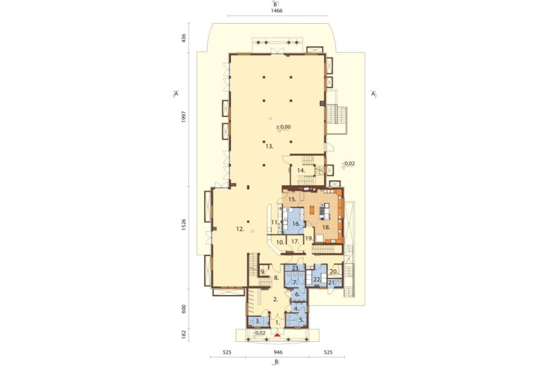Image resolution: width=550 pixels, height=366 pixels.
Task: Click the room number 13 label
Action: point(269,147)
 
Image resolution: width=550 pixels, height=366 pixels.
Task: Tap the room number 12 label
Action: point(240,229)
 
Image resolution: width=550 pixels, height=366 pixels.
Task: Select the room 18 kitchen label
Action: point(326,227)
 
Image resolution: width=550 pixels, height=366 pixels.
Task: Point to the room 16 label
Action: point(296,224)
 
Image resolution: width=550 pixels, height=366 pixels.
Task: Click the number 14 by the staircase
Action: point(301,170)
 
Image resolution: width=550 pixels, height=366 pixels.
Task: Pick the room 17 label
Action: point(295,242)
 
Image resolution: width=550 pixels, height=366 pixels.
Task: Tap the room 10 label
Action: point(280,242)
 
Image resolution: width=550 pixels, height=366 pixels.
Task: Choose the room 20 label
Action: point(334,271)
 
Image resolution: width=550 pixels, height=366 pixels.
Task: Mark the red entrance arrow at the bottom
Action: point(277,335)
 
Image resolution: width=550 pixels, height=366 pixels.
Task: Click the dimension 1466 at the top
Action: point(277,10)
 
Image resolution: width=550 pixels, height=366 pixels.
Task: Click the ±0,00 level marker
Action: point(283,127)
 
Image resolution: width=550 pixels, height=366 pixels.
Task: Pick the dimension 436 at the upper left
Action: point(184,38)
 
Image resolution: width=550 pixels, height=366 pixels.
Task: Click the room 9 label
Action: point(263,271)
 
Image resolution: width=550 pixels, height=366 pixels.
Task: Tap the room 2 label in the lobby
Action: point(276,300)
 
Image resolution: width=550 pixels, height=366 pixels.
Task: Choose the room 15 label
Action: point(292,199)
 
